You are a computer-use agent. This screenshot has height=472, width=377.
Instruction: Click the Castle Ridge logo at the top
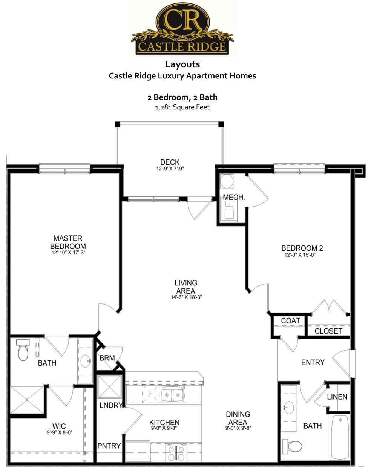coord(182,29)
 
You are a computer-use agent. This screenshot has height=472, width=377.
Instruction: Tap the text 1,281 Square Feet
coord(182,107)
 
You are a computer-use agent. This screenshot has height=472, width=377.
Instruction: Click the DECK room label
coord(170,162)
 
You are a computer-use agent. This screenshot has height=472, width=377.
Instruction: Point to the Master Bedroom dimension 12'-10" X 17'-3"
coord(68,253)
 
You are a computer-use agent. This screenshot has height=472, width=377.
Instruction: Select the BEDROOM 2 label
coord(302,248)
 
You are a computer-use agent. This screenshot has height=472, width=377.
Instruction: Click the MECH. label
coord(234,197)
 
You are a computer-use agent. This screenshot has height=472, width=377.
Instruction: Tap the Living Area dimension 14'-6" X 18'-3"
coord(186,297)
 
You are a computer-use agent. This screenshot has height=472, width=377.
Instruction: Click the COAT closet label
coord(290,320)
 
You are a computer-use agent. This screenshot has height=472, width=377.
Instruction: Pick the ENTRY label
coord(313,362)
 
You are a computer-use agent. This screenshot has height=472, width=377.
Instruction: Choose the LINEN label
coord(337,397)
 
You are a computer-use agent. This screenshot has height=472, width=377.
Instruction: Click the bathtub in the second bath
coord(340,437)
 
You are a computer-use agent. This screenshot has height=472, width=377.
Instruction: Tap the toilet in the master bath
coord(23,350)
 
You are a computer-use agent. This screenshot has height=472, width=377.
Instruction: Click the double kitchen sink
coord(172,394)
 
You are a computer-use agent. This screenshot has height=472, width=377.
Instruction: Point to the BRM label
coord(107,358)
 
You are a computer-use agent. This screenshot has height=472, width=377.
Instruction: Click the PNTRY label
coord(109,446)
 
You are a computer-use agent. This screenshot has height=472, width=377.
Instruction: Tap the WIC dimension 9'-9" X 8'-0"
coord(60,432)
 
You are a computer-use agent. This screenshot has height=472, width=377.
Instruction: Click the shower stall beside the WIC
coord(27,400)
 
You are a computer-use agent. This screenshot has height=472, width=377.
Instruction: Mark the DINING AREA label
coord(238,418)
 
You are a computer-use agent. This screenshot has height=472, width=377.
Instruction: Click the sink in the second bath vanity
coord(289,407)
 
